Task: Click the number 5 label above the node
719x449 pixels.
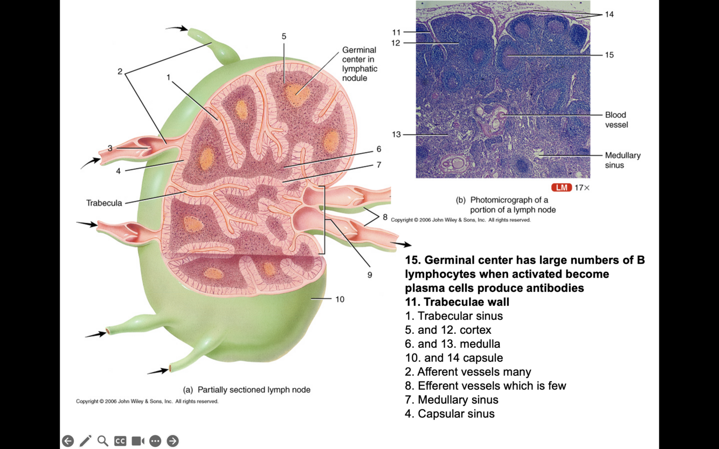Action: click(284, 37)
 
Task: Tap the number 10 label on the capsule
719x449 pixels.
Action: click(340, 299)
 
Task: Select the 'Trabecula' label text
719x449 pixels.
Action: click(104, 203)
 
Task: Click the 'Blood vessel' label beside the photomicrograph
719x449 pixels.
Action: click(616, 120)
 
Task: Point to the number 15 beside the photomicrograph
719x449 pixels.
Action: click(609, 55)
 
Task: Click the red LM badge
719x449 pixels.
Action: click(561, 187)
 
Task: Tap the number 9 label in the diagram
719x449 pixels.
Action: click(370, 275)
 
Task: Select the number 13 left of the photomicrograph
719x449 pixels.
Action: click(396, 135)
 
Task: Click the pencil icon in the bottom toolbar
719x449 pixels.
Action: click(85, 441)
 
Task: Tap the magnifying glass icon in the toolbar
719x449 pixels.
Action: click(102, 441)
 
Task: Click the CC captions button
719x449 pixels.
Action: click(120, 441)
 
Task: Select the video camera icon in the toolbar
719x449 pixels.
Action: click(138, 441)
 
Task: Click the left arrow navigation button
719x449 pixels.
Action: click(68, 441)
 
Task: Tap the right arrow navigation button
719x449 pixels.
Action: click(172, 441)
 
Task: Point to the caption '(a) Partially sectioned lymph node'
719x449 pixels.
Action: click(247, 390)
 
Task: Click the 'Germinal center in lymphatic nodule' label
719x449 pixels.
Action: click(359, 64)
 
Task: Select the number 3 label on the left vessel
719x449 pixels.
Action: click(110, 148)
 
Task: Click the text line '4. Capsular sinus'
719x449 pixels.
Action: click(450, 413)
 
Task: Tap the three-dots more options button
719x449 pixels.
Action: click(155, 441)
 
